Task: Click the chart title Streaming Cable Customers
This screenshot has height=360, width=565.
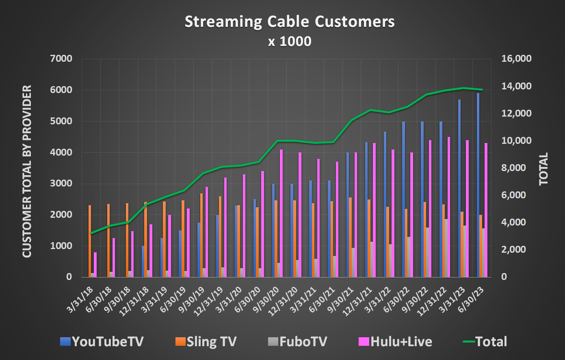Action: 290,22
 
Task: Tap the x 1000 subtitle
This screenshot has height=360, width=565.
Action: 290,41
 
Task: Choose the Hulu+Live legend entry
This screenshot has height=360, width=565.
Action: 396,341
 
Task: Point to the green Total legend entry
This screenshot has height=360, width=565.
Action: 485,341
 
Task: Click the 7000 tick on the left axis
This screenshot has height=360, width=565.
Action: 61,59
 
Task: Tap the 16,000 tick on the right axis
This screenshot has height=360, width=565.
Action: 516,59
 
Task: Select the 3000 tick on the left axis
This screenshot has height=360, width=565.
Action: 61,184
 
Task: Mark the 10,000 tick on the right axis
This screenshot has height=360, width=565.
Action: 516,141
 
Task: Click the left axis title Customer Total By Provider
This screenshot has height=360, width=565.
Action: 27,171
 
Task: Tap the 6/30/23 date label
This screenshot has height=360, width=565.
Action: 473,299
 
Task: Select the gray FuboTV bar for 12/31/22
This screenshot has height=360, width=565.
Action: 446,248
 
